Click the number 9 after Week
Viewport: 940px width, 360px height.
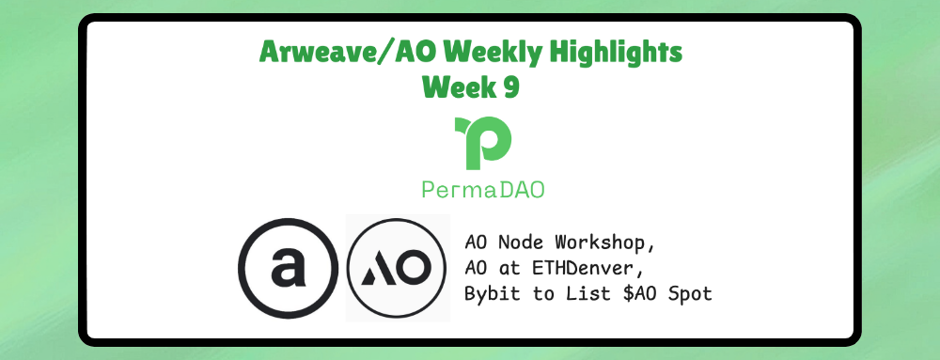(x=508, y=86)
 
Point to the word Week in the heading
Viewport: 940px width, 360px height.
(x=458, y=86)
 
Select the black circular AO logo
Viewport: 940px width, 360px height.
(x=398, y=267)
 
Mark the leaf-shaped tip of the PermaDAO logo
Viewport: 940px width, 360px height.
(x=462, y=125)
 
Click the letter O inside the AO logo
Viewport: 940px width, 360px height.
(x=414, y=268)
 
